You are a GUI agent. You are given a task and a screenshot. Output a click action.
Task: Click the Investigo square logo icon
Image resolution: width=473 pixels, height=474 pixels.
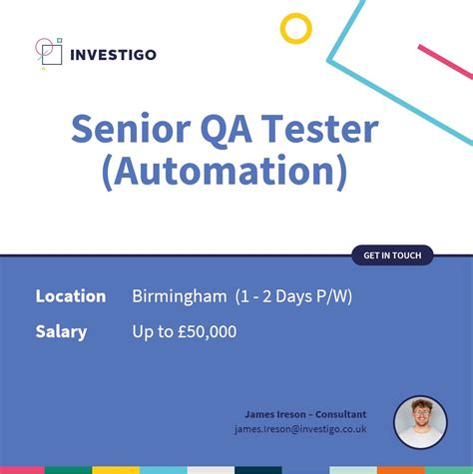pyautogui.click(x=47, y=52)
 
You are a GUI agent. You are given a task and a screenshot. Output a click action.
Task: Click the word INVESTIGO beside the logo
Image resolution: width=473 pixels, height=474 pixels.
pyautogui.click(x=113, y=53)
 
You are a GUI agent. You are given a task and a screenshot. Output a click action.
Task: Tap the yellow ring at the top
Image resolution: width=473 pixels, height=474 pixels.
pyautogui.click(x=295, y=28)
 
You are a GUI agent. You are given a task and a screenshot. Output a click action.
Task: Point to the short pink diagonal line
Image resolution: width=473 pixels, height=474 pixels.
pyautogui.click(x=444, y=61)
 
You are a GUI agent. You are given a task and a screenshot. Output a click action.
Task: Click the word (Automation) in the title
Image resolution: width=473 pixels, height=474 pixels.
pyautogui.click(x=224, y=174)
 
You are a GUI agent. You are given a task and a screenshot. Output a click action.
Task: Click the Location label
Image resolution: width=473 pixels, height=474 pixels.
pyautogui.click(x=70, y=296)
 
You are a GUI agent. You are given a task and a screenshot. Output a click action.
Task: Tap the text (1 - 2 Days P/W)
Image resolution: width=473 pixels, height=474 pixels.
pyautogui.click(x=293, y=296)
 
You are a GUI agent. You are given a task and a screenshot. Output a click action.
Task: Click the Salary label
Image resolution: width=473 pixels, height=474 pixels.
pyautogui.click(x=61, y=332)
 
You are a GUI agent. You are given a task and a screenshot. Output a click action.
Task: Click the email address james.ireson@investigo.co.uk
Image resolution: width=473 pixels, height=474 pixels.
pyautogui.click(x=300, y=429)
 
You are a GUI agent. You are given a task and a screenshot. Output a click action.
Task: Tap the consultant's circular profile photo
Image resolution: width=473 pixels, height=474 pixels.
pyautogui.click(x=420, y=420)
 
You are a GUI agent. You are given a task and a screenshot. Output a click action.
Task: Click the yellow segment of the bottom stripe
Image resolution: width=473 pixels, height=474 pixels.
pyautogui.click(x=116, y=469)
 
